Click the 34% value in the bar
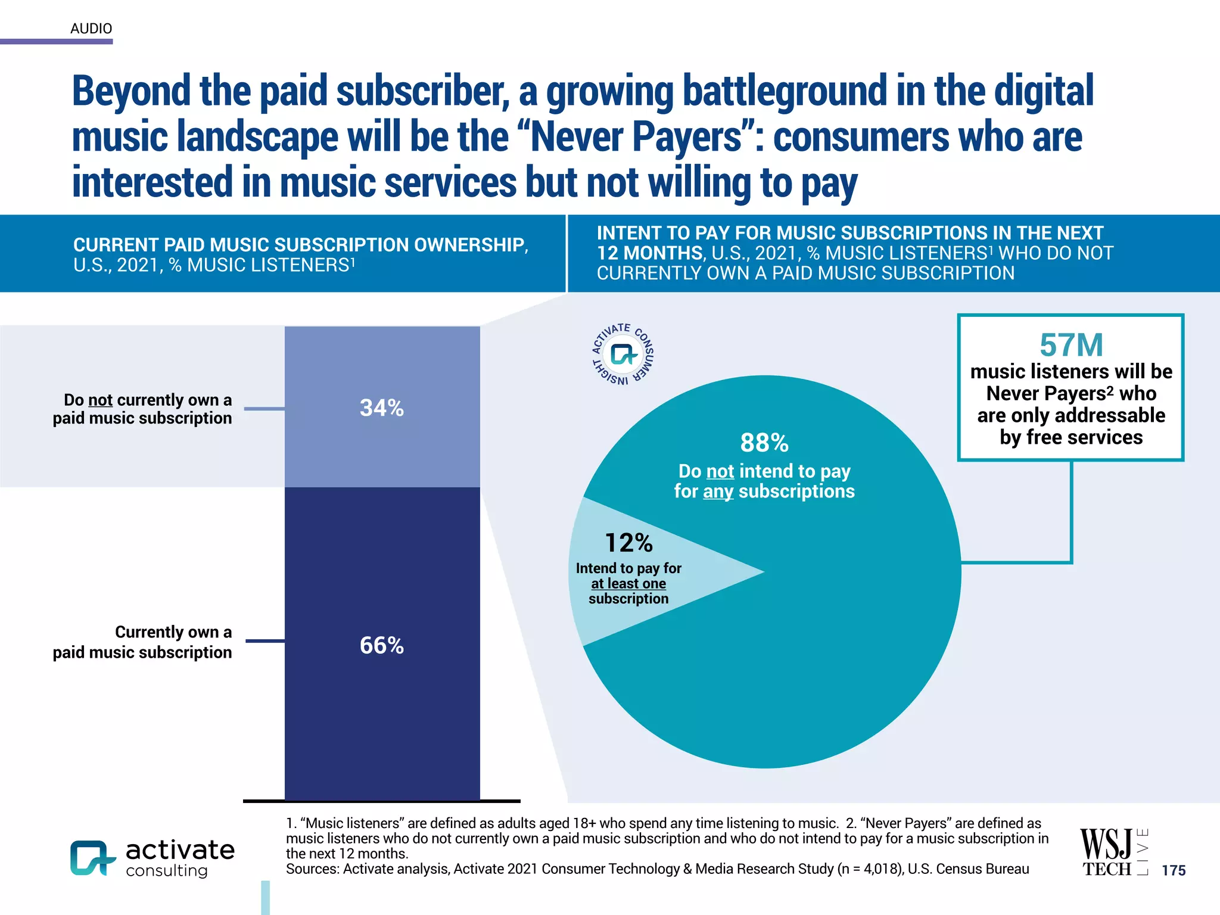pyautogui.click(x=382, y=408)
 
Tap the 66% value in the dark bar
pyautogui.click(x=382, y=646)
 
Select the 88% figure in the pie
pyautogui.click(x=764, y=443)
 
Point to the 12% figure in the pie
pyautogui.click(x=628, y=543)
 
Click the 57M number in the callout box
pyautogui.click(x=1071, y=345)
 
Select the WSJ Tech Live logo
pyautogui.click(x=1113, y=852)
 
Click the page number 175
pyautogui.click(x=1174, y=870)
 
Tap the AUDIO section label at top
pyautogui.click(x=91, y=29)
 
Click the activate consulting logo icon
pyautogui.click(x=92, y=858)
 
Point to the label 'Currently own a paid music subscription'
pyautogui.click(x=142, y=642)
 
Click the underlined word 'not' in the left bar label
pyautogui.click(x=100, y=400)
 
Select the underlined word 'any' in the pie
pyautogui.click(x=718, y=491)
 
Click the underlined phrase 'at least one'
pyautogui.click(x=628, y=584)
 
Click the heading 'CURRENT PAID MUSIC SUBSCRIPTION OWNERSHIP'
pyautogui.click(x=300, y=245)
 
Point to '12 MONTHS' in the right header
pyautogui.click(x=650, y=253)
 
